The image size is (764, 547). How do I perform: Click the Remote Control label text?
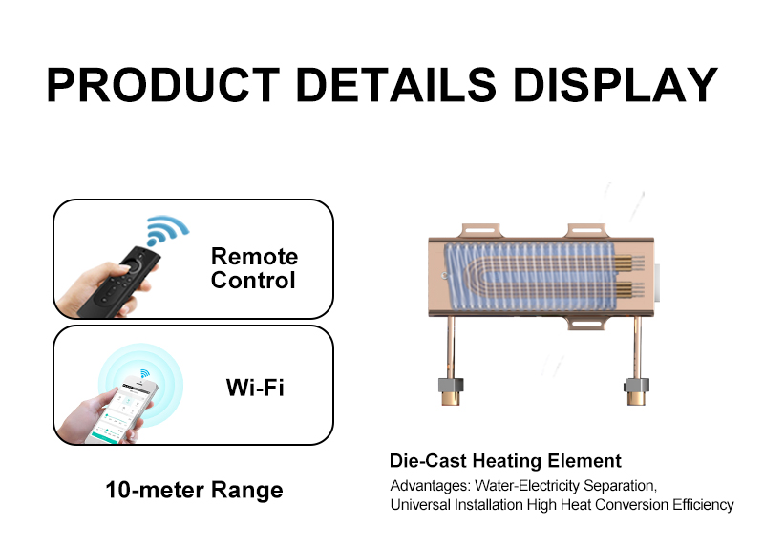point(254,268)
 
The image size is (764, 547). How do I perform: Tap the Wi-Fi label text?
point(255,387)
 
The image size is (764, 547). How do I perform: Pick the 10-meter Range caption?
point(194,491)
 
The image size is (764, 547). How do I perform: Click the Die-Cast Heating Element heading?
point(505,461)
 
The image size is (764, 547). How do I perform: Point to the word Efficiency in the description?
point(702,504)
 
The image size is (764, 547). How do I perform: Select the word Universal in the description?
point(418,504)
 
